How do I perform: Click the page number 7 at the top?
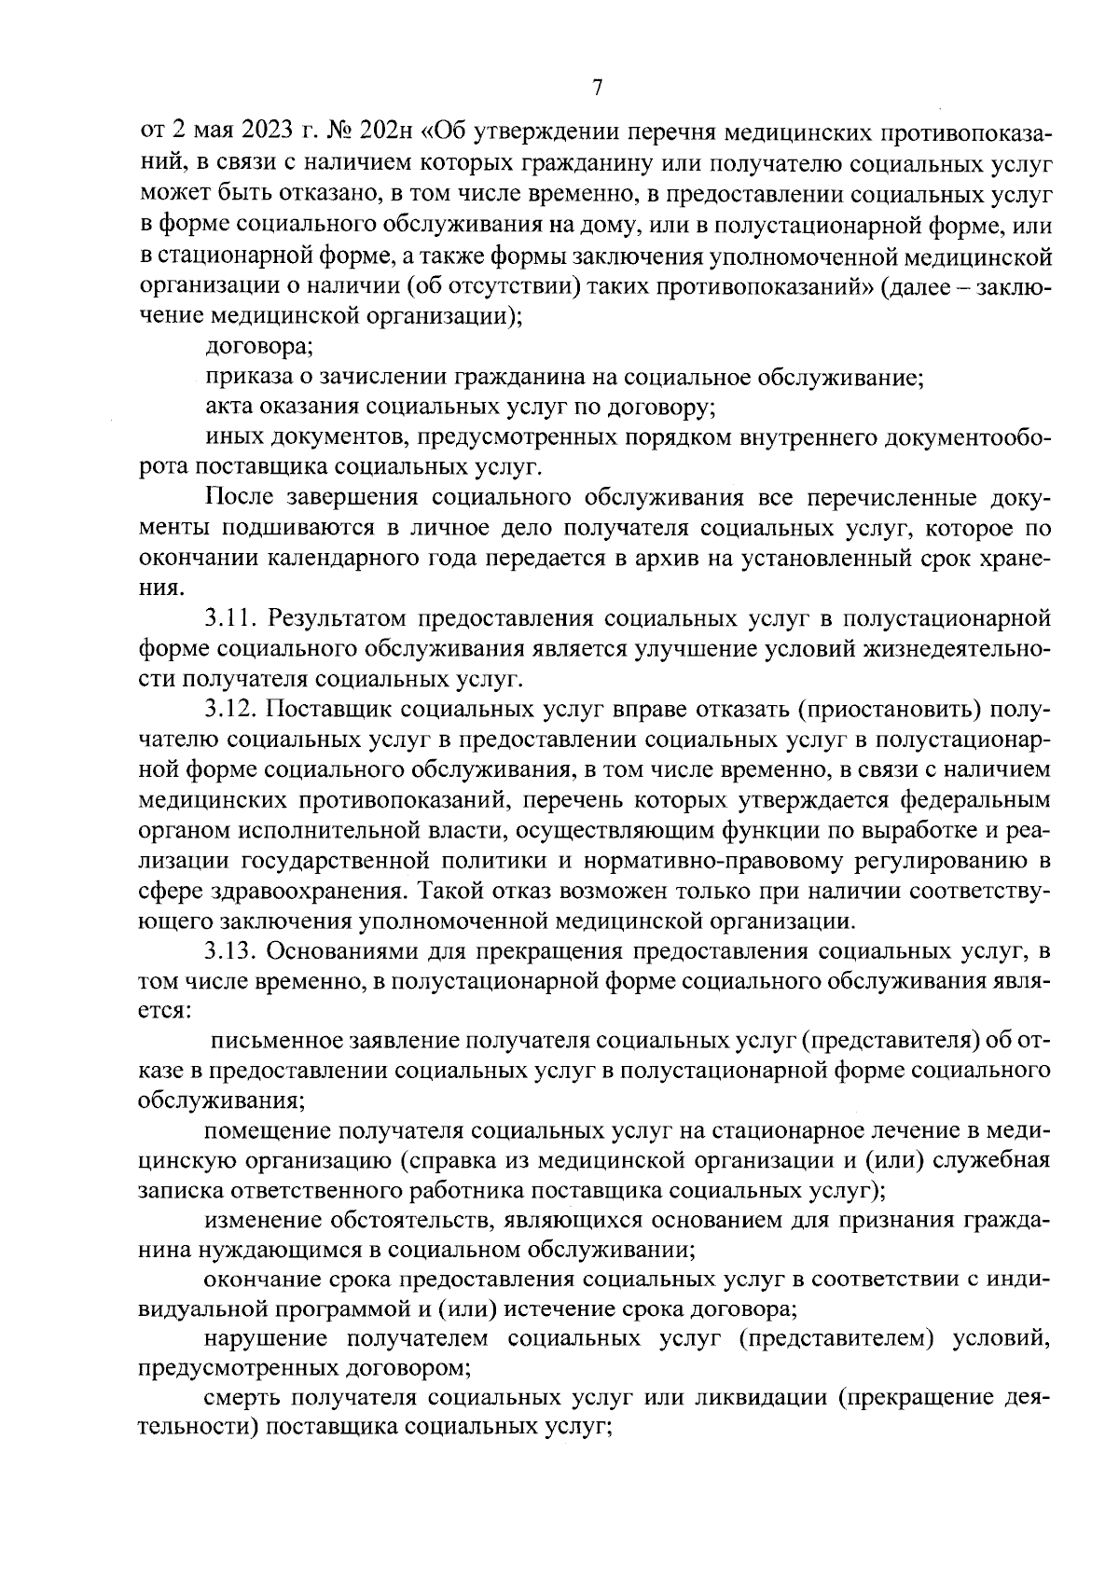(x=597, y=89)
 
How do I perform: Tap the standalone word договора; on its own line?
(x=259, y=347)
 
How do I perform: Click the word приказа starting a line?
(x=244, y=378)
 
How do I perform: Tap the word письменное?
(x=274, y=1041)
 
